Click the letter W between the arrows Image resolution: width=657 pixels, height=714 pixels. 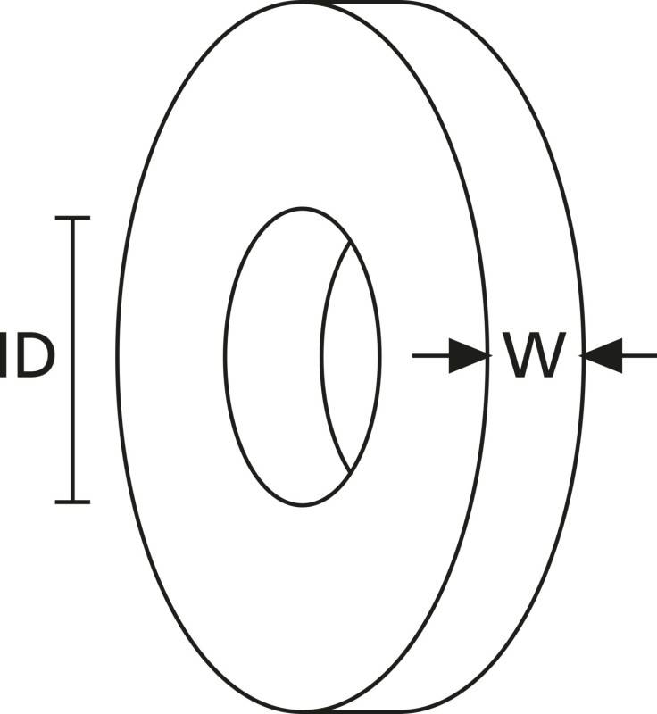tap(534, 354)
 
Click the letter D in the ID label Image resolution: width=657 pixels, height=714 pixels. tap(33, 355)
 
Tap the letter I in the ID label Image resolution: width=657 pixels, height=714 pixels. tap(4, 355)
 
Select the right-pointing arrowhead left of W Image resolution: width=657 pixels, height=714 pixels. tap(469, 355)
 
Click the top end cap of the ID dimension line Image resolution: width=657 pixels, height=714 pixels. tap(72, 218)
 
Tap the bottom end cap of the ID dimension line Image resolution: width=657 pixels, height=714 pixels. tap(72, 502)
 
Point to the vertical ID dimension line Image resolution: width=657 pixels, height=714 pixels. tap(72, 360)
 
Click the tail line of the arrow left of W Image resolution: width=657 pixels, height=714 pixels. tap(431, 355)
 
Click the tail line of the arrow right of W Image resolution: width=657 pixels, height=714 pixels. tap(639, 355)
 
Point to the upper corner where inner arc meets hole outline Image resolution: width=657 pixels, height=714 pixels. tap(351, 242)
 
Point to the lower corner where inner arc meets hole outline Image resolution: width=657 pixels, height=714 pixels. tap(350, 472)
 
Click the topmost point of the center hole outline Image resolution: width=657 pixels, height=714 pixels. tap(303, 209)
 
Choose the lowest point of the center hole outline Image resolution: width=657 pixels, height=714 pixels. tap(303, 504)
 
